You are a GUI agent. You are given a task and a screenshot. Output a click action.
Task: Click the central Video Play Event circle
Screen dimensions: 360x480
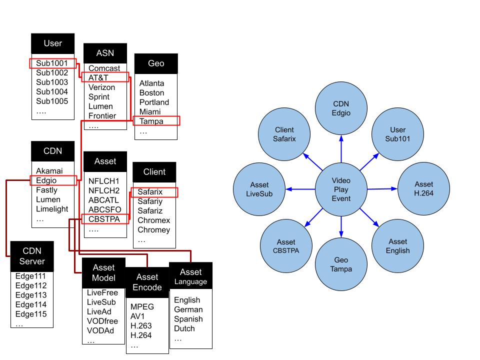tap(341, 189)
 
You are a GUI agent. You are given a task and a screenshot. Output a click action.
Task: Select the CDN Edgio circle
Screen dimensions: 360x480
tap(341, 108)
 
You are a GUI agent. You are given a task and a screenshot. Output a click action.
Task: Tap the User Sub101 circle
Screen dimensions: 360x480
tap(397, 134)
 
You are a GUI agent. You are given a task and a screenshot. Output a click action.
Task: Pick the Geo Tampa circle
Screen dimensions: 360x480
tap(341, 264)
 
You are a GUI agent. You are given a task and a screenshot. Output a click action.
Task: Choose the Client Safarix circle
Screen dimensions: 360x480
tap(284, 134)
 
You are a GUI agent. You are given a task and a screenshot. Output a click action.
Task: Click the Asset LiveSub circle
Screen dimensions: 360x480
tap(259, 189)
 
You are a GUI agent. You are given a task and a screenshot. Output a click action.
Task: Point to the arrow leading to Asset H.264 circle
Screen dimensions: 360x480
tap(382, 189)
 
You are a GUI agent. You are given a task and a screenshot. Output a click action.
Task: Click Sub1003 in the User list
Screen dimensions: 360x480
tap(52, 82)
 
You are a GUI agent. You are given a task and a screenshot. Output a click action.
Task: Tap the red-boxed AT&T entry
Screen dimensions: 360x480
tap(98, 78)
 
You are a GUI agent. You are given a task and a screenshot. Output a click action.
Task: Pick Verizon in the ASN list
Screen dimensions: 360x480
tap(102, 87)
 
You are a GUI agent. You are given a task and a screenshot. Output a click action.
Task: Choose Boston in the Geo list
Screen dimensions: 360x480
tap(152, 93)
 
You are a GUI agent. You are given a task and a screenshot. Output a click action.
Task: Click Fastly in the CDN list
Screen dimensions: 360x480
tap(47, 190)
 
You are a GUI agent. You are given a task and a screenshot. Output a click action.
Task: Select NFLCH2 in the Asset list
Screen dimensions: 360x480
tap(104, 190)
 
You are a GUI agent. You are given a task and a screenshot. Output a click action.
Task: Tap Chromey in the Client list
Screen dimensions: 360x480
tap(154, 230)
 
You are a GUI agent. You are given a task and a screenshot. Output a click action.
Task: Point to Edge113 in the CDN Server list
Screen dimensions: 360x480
tap(31, 295)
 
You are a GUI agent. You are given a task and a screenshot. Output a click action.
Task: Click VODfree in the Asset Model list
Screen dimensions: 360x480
tap(102, 321)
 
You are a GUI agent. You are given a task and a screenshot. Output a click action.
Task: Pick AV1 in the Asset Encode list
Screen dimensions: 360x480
tap(138, 316)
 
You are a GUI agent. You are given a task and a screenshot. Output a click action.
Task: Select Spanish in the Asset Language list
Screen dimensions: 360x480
tap(188, 319)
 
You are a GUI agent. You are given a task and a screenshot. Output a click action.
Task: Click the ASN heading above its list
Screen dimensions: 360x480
tap(105, 53)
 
